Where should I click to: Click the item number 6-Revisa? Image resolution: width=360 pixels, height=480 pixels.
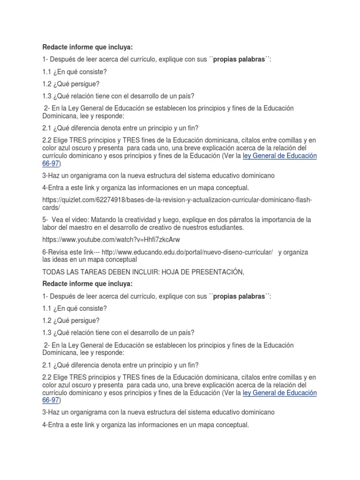[57, 252]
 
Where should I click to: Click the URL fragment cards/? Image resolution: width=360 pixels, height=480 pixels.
[52, 208]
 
